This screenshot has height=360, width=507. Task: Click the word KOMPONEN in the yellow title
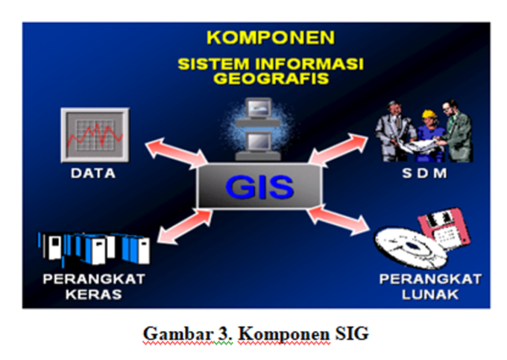click(270, 37)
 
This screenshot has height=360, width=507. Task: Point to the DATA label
click(93, 174)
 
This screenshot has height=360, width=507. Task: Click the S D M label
click(423, 174)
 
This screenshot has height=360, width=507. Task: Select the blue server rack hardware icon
click(95, 247)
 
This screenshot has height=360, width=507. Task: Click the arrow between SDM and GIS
click(340, 149)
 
